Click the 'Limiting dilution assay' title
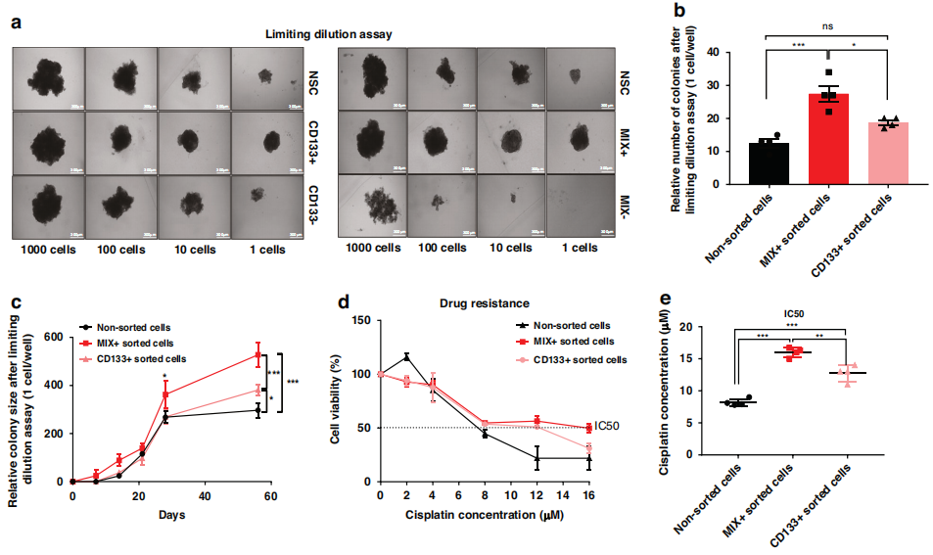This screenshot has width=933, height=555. [329, 34]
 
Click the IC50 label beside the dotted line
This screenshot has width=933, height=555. [608, 427]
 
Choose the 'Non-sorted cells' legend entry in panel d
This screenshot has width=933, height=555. [573, 325]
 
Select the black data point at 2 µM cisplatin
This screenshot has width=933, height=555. [406, 356]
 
